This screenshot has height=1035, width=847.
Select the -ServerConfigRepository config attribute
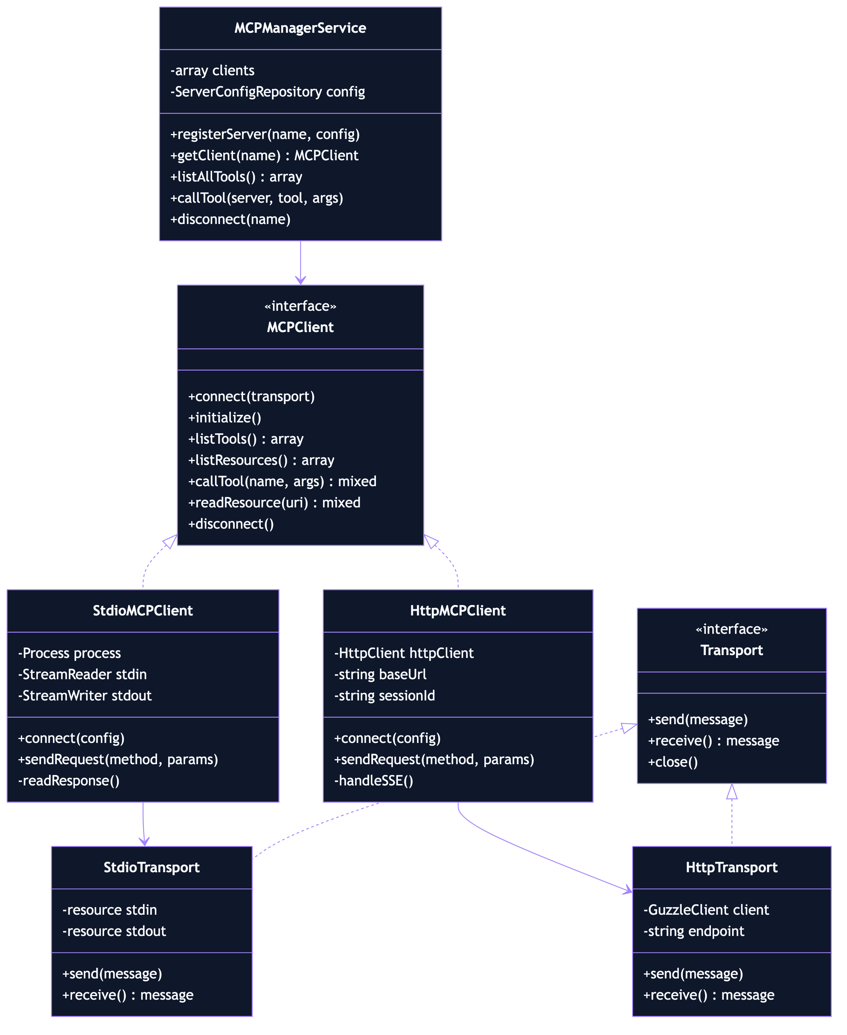[x=267, y=92]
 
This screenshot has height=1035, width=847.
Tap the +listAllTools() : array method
[x=236, y=177]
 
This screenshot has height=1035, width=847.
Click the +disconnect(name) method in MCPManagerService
[x=230, y=219]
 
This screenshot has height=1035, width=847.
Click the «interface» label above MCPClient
[x=300, y=306]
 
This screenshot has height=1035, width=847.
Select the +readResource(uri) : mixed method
[x=274, y=503]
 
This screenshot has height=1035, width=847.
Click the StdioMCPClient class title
[x=143, y=610]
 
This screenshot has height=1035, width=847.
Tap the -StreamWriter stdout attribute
[x=85, y=695]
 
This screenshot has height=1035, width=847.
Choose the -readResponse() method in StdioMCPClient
[x=69, y=780]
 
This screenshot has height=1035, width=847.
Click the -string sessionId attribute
[x=385, y=695]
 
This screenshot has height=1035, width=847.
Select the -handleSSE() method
[x=374, y=780]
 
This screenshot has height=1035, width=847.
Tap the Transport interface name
[x=731, y=650]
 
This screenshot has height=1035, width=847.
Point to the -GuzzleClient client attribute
[x=706, y=910]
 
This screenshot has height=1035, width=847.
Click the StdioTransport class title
[x=151, y=867]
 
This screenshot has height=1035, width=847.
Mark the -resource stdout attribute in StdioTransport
[x=114, y=931]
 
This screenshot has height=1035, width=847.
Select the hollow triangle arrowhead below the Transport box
[x=732, y=792]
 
